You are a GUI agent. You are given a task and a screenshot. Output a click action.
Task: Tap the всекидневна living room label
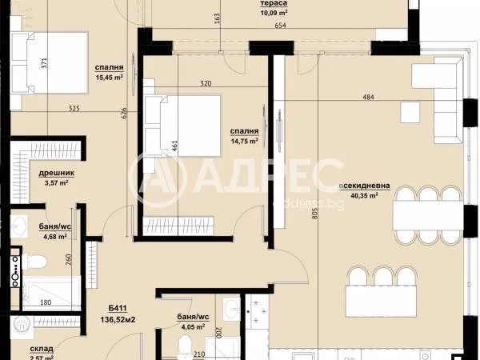click(365, 186)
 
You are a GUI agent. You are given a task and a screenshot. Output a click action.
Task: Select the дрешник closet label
click(57, 172)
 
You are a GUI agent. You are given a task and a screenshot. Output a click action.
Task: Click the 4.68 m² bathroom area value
click(54, 236)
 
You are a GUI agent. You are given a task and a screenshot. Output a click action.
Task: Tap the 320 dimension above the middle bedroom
click(206, 82)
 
